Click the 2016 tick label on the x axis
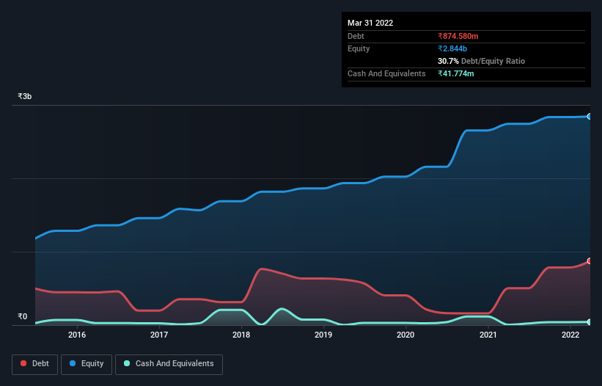[77, 335]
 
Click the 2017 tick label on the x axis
[159, 335]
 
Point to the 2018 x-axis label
[241, 335]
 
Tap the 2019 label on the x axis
[323, 335]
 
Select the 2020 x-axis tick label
[405, 335]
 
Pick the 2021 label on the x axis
[488, 335]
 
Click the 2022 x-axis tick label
[570, 335]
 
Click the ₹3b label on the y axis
[25, 96]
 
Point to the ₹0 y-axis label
[22, 317]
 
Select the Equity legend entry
[87, 364]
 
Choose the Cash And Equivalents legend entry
[169, 364]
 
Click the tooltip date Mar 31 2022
[370, 23]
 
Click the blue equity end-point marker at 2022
[589, 116]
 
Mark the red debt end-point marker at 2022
[589, 261]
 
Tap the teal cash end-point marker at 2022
[589, 322]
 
